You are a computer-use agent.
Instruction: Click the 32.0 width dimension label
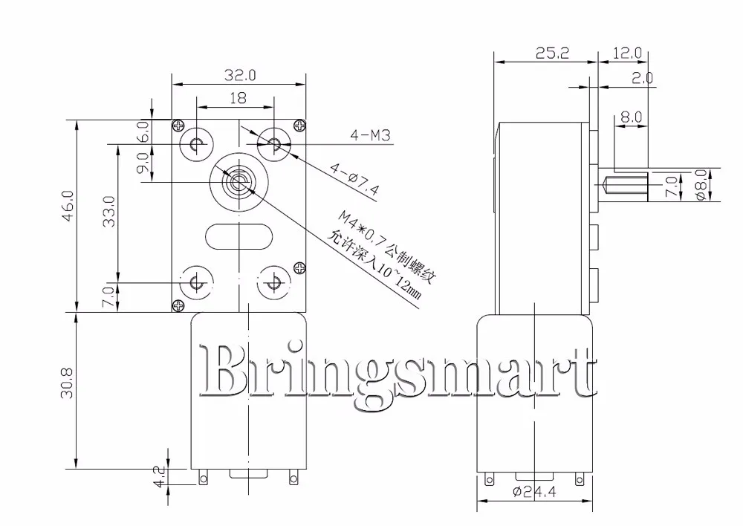(239, 75)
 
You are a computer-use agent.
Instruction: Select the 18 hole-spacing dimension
(237, 97)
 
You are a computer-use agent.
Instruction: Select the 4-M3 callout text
(369, 135)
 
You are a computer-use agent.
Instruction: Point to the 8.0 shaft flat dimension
(631, 117)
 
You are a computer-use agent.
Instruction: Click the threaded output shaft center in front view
(239, 181)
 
